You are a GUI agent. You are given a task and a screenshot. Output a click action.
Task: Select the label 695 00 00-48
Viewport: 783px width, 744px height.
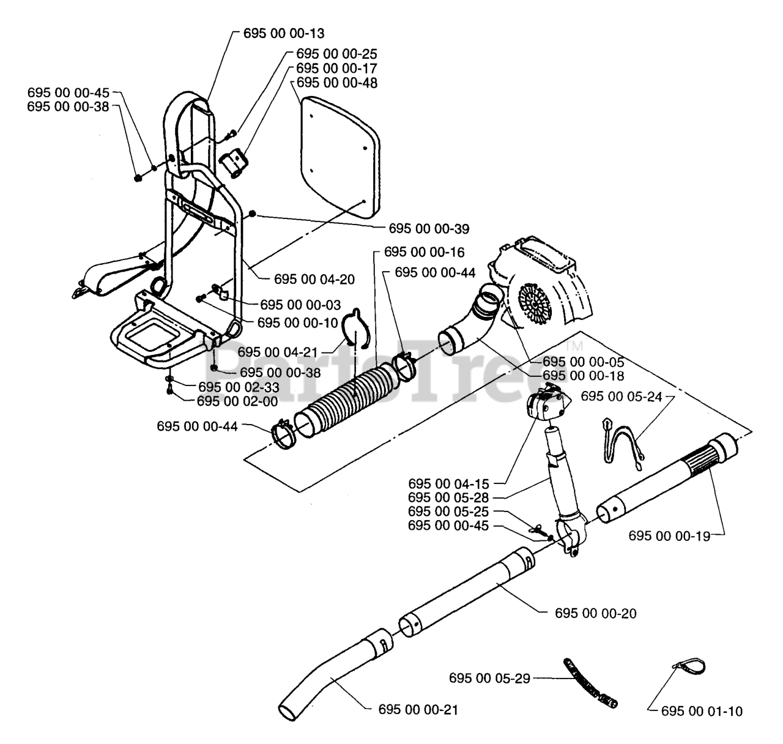[336, 83]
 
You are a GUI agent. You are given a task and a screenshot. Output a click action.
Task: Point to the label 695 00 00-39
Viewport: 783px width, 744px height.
[429, 229]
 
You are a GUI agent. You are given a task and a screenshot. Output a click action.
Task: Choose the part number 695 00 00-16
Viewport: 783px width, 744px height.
[424, 252]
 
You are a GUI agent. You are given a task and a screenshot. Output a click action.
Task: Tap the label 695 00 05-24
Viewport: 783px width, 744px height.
[621, 396]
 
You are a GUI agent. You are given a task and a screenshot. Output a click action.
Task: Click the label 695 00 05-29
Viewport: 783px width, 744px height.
[489, 678]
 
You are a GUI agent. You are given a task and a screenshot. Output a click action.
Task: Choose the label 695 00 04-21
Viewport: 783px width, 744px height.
[278, 352]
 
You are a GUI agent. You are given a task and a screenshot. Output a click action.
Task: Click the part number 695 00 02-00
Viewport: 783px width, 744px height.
[237, 401]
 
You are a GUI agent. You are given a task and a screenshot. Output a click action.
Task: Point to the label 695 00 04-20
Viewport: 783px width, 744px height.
[314, 279]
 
